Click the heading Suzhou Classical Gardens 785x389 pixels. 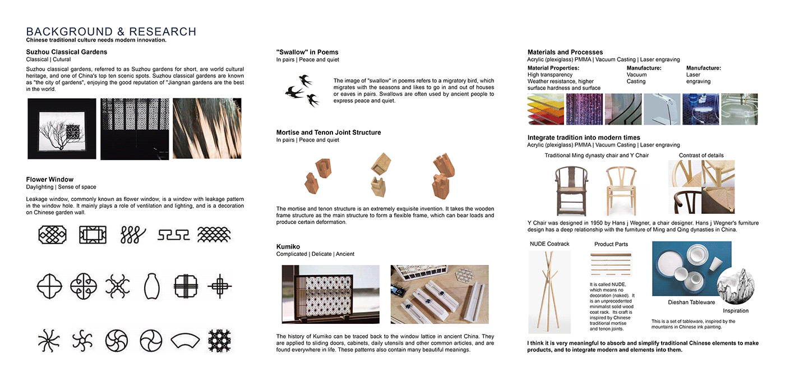coord(66,52)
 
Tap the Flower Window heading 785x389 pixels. coord(50,180)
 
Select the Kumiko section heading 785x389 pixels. coord(288,246)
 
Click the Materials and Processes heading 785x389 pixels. coord(565,52)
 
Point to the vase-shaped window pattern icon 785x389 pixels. coord(149,286)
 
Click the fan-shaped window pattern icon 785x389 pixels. coord(184,339)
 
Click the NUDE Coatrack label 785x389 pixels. coord(549,244)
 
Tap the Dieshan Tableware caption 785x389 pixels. coord(691,302)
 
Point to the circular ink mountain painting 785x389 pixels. coord(735,285)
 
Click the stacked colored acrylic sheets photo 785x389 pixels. coord(544,109)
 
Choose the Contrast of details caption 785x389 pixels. coord(701,155)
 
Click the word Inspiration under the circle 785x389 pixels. coord(736,310)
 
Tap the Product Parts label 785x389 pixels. coord(611,244)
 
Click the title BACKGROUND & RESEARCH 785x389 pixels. coord(111,31)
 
